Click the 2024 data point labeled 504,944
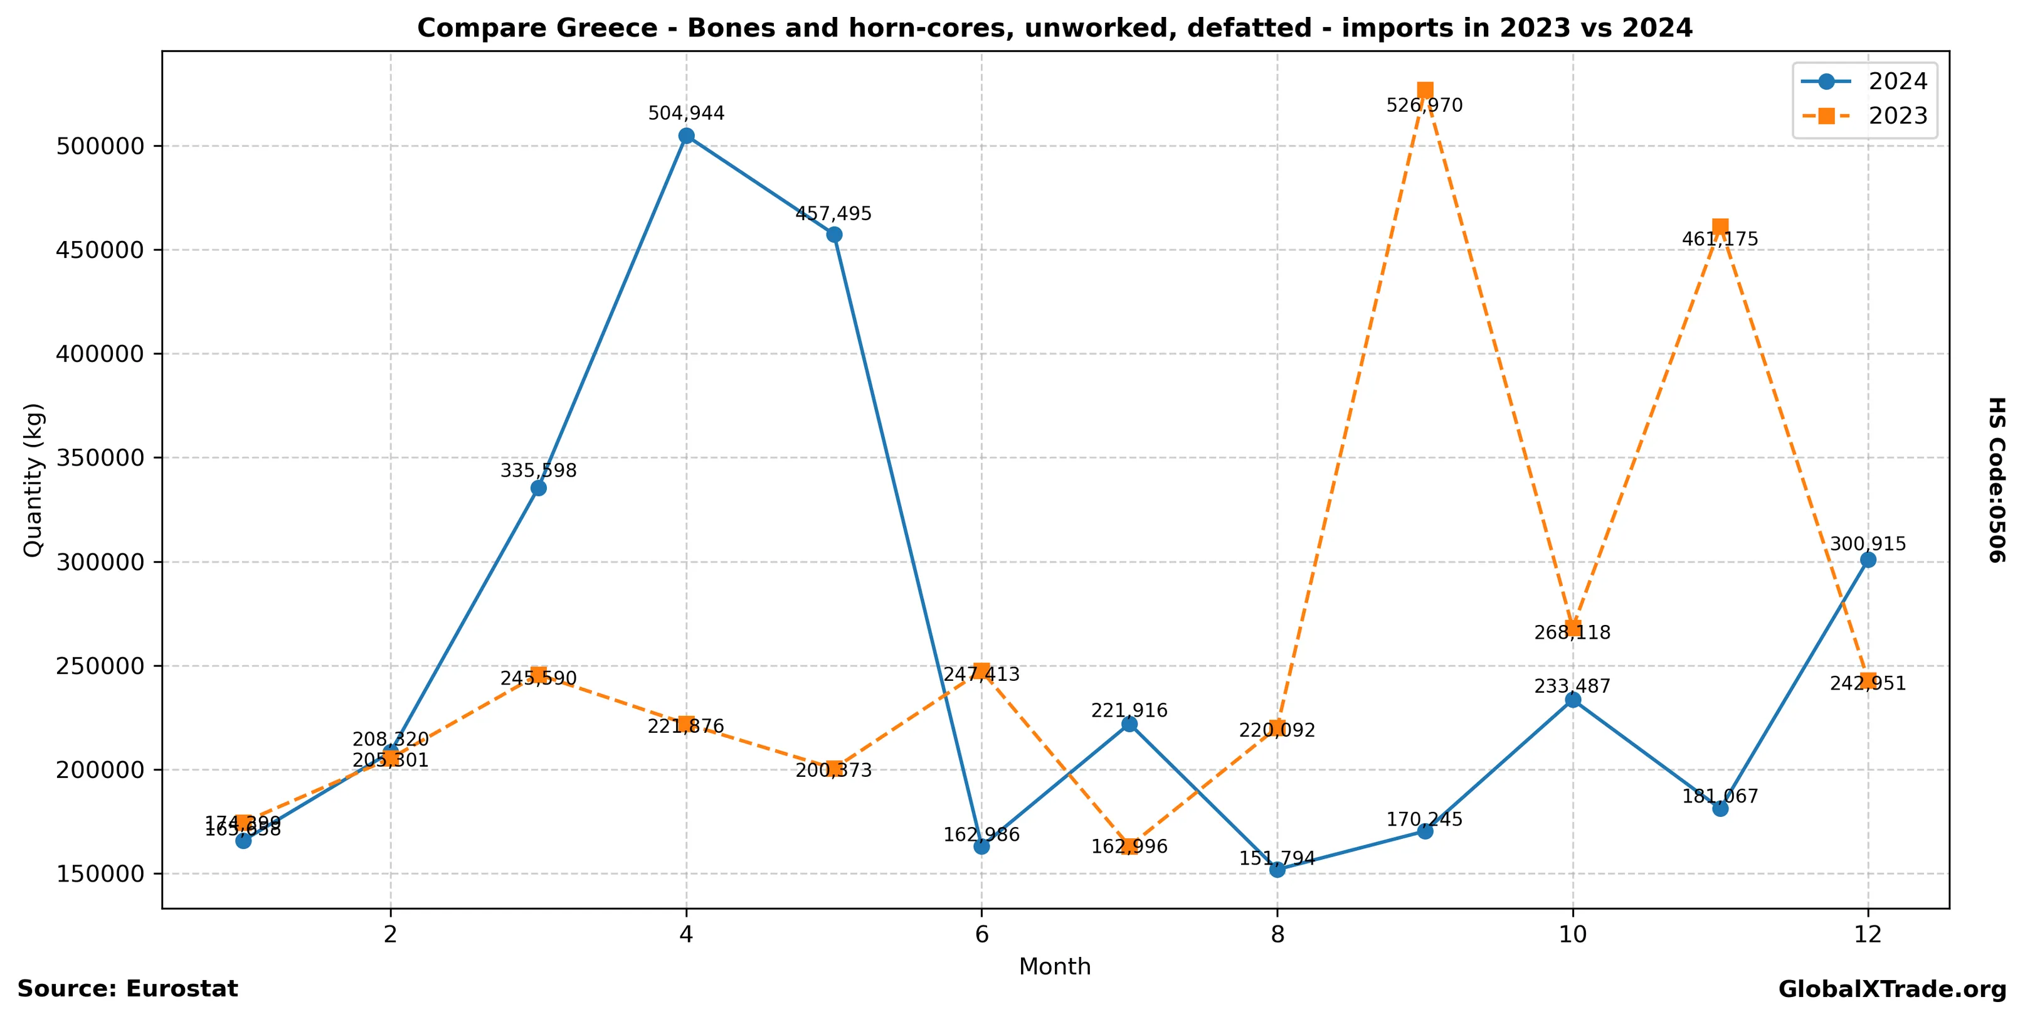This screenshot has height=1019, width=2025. (686, 136)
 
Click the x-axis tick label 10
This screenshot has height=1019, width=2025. (1572, 934)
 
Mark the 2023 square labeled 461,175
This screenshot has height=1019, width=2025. (1720, 227)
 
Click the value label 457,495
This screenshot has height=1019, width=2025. (833, 214)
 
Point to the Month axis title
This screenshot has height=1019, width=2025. (1054, 966)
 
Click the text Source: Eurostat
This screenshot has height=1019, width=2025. (127, 989)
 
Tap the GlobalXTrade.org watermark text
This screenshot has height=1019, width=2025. (1892, 990)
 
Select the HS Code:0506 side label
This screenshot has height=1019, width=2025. (1997, 479)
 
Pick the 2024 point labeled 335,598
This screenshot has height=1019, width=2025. (539, 488)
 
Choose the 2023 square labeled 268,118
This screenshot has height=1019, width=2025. (1573, 628)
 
